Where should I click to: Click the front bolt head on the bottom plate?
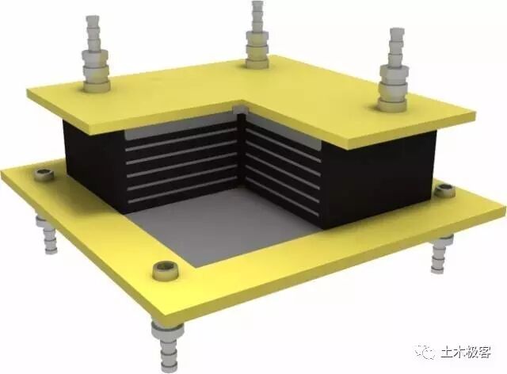click(x=166, y=271)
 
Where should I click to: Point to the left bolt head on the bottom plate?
click(x=44, y=174)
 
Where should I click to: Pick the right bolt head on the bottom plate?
click(x=444, y=190)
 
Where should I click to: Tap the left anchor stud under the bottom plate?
click(x=48, y=234)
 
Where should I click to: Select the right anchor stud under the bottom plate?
click(x=442, y=254)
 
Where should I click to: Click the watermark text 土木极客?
click(x=466, y=352)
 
